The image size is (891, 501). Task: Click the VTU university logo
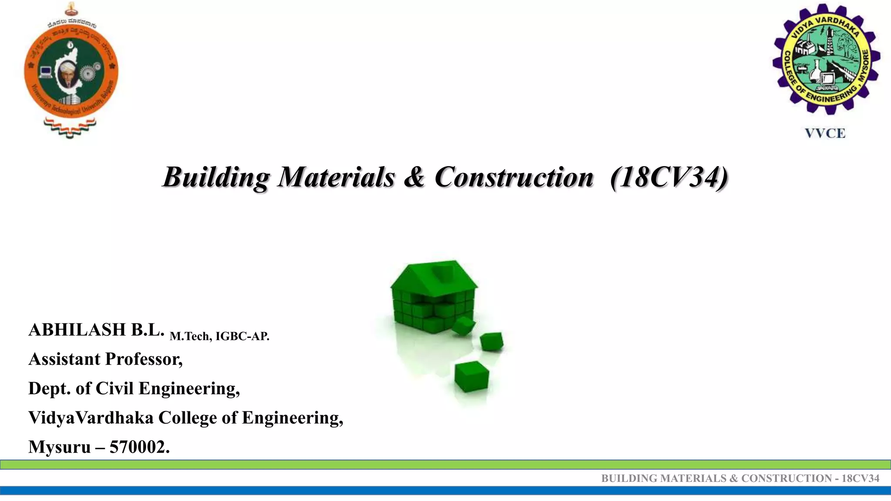pyautogui.click(x=71, y=70)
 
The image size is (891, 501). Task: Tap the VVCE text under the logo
pyautogui.click(x=825, y=133)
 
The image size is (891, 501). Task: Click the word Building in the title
pyautogui.click(x=216, y=177)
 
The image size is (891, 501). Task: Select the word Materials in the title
pyautogui.click(x=336, y=177)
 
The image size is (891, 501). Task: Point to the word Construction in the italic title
pyautogui.click(x=514, y=177)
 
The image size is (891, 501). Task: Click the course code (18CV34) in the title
pyautogui.click(x=669, y=177)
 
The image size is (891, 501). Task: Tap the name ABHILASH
pyautogui.click(x=77, y=330)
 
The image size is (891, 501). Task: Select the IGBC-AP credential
pyautogui.click(x=242, y=336)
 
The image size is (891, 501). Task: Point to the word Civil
pyautogui.click(x=114, y=388)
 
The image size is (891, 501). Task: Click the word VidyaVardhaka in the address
pyautogui.click(x=90, y=417)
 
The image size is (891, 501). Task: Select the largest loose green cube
pyautogui.click(x=472, y=376)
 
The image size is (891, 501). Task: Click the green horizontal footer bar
pyautogui.click(x=445, y=464)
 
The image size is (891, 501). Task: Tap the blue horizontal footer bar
pyautogui.click(x=445, y=491)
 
